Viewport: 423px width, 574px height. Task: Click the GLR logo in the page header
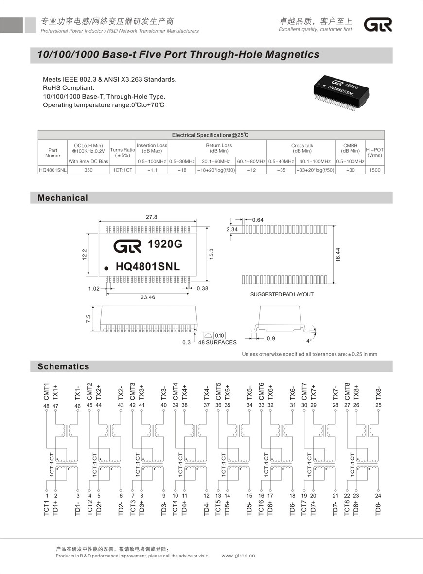378,25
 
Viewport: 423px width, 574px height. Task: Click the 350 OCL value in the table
88,170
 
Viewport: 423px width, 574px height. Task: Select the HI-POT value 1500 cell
374,170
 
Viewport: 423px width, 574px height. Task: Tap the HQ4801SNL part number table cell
53,170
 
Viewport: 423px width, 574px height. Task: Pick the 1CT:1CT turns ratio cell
122,170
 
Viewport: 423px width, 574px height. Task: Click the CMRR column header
350,148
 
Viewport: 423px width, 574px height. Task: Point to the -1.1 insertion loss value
152,170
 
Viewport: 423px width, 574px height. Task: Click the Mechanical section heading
63,198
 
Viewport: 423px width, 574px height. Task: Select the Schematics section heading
64,366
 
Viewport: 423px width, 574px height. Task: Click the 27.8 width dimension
152,217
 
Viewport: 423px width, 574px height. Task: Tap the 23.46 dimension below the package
148,297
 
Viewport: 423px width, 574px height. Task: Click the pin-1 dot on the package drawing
106,267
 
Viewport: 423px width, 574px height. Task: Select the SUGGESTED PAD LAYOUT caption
282,294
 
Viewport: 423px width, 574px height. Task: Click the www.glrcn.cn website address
238,555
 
